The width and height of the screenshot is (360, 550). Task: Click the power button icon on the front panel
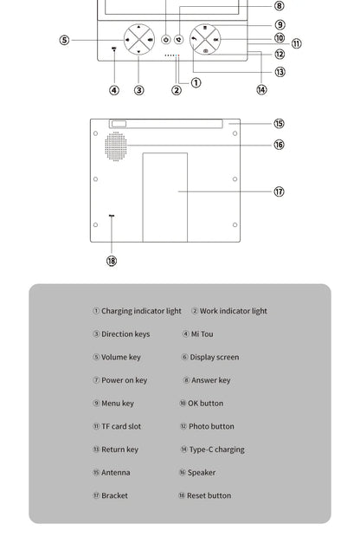click(x=166, y=40)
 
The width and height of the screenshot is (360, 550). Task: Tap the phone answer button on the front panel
click(x=179, y=40)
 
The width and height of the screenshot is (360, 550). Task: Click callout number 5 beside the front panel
click(x=64, y=40)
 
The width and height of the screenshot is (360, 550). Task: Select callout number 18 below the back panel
click(x=112, y=261)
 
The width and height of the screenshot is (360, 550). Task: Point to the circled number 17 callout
click(x=279, y=191)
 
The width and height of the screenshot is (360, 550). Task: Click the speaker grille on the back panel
click(x=116, y=146)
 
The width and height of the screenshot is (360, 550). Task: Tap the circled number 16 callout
click(x=279, y=145)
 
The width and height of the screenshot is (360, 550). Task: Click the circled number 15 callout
click(x=279, y=124)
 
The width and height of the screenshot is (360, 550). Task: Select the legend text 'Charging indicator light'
click(x=141, y=311)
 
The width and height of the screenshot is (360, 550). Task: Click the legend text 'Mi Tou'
click(x=202, y=334)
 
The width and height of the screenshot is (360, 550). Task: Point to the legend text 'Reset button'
click(x=209, y=495)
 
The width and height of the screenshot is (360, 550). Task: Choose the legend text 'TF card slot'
click(x=121, y=426)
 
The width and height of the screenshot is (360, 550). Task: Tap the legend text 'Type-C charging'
click(x=217, y=450)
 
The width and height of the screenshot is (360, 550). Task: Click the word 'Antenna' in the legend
click(x=116, y=473)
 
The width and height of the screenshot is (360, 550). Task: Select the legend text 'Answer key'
click(x=210, y=380)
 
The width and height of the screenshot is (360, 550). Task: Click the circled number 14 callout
click(x=261, y=90)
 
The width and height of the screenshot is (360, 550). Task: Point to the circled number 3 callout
click(x=138, y=90)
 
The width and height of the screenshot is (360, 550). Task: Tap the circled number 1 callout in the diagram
click(x=196, y=83)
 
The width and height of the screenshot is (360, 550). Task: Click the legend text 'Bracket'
click(x=114, y=495)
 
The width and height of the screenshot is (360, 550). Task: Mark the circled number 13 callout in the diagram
click(x=280, y=72)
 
